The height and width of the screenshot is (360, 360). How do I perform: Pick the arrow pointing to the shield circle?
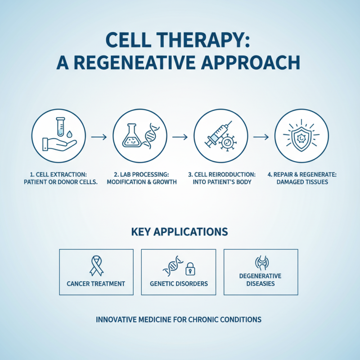click(x=261, y=136)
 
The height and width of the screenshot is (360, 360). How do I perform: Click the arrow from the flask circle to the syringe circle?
click(x=180, y=136)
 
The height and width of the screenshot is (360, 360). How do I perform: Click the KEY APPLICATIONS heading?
click(x=180, y=232)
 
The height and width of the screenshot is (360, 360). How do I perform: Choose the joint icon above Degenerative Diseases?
click(x=261, y=263)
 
